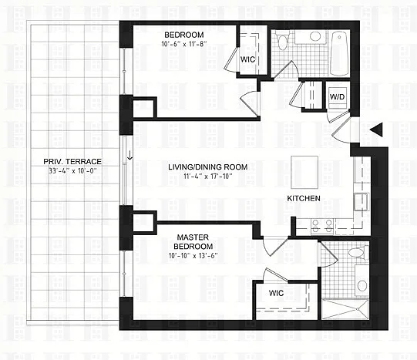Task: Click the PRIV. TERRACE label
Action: point(72,161)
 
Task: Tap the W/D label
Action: point(337,97)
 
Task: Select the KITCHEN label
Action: point(304,198)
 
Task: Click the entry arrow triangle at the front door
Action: point(376,130)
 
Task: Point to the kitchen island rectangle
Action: point(304,172)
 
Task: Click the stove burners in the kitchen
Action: point(322,227)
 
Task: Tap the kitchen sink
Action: point(361,202)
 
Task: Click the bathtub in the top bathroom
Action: point(338,54)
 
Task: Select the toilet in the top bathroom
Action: point(282,40)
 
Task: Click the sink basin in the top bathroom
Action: point(315,36)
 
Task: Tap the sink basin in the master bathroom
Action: point(362,286)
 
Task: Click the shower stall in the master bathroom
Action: point(345,309)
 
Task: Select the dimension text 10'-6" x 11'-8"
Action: point(184,44)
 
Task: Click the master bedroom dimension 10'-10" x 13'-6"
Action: point(193,256)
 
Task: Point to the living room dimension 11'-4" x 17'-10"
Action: point(208,176)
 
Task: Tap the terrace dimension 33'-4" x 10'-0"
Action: point(72,170)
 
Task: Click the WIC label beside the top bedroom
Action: point(247,59)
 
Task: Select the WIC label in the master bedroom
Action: point(276,293)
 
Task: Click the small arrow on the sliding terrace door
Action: point(129,155)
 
